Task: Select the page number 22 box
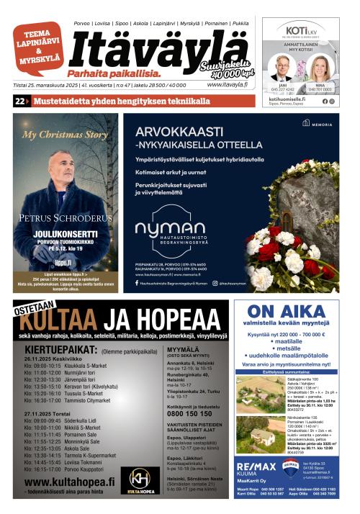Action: (x=19, y=102)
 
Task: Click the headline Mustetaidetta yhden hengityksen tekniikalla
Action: (x=115, y=102)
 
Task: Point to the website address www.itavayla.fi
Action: (x=227, y=84)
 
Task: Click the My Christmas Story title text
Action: (x=65, y=135)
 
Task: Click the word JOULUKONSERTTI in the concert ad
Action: (x=65, y=253)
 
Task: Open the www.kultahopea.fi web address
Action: (x=69, y=481)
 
